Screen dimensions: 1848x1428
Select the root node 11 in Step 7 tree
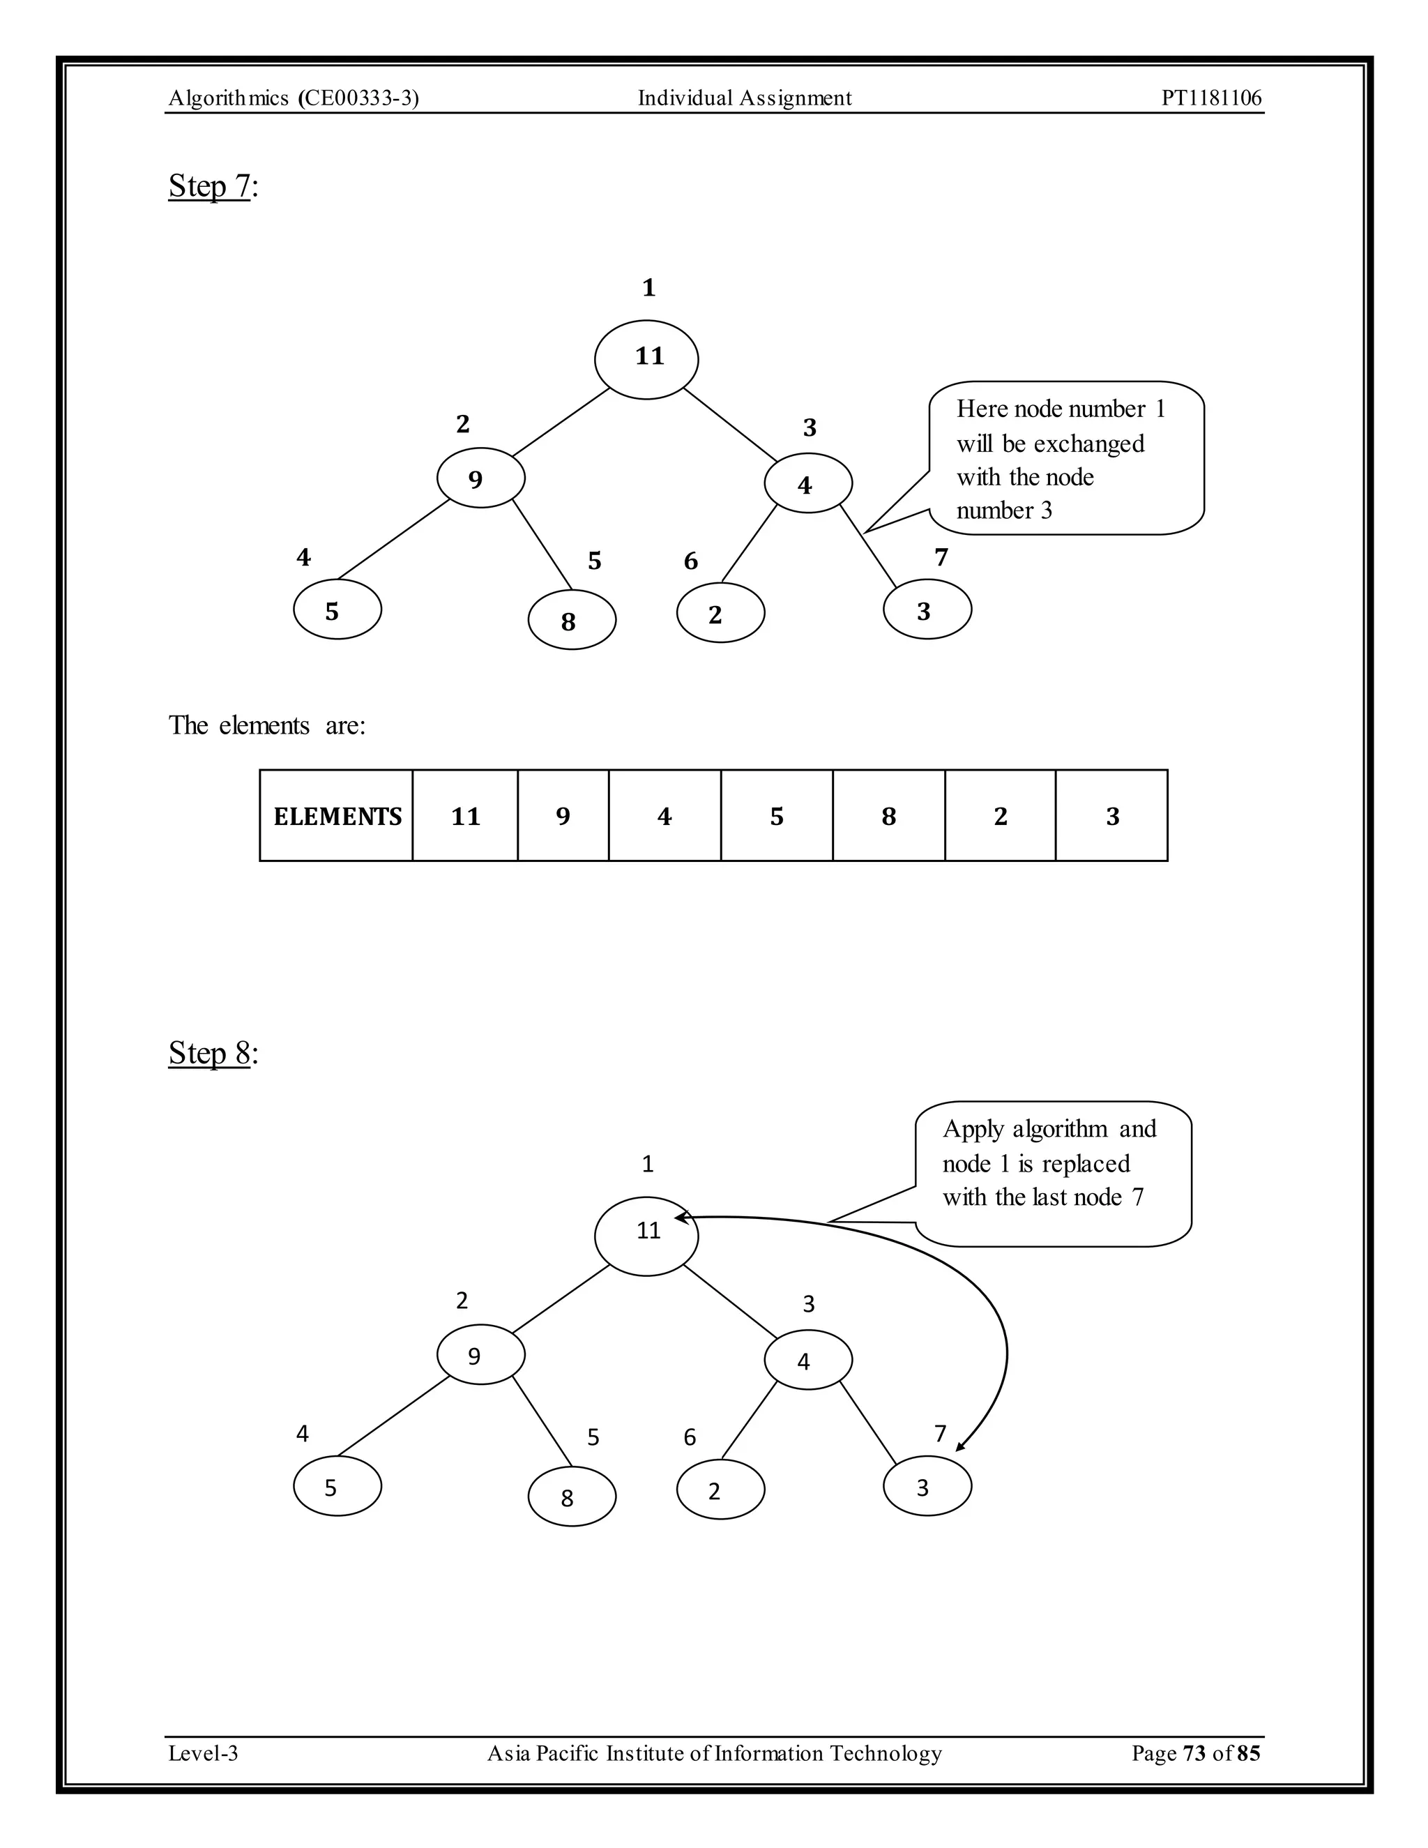[646, 358]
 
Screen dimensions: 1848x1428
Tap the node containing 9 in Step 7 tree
[480, 478]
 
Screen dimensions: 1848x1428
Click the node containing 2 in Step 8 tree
[721, 1490]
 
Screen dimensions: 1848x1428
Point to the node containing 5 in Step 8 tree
[337, 1486]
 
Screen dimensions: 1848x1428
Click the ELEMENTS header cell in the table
[337, 816]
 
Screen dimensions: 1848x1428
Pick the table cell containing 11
[465, 816]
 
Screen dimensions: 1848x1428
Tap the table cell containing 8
[888, 816]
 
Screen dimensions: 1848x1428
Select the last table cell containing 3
[1111, 816]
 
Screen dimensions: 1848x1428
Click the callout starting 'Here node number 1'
[1065, 459]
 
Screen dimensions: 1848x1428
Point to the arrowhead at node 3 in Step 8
[961, 1448]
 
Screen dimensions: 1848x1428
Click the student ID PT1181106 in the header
[1210, 98]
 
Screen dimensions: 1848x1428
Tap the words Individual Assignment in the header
[745, 98]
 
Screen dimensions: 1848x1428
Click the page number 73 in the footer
[1194, 1752]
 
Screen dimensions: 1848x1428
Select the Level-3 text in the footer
[203, 1752]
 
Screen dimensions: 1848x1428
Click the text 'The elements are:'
[267, 725]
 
